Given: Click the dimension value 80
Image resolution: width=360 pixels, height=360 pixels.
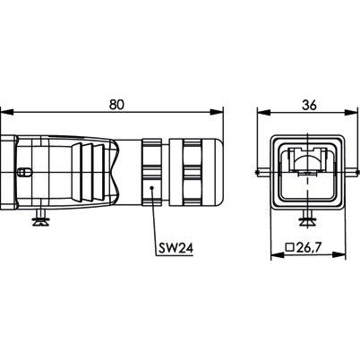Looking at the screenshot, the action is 116,105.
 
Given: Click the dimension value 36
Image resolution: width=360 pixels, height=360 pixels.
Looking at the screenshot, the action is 309,105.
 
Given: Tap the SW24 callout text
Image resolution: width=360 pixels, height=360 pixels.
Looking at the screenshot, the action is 176,248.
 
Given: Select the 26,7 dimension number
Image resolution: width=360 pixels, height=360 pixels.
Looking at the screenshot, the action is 309,247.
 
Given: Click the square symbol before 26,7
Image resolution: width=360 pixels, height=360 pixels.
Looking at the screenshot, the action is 290,247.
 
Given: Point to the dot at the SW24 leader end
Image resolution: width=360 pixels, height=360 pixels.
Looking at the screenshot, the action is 151,188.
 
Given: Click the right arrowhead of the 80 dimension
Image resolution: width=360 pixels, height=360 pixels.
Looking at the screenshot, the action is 216,112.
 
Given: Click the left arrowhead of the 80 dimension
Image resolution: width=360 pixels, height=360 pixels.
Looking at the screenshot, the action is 7,112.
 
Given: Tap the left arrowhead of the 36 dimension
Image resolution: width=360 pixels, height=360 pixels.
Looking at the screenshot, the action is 263,112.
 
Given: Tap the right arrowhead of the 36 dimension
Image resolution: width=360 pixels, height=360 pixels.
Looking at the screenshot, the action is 351,112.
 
